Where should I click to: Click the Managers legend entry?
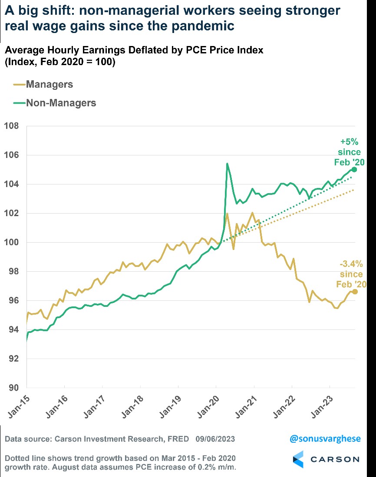pyautogui.click(x=49, y=84)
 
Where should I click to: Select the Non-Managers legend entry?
pyautogui.click(x=61, y=103)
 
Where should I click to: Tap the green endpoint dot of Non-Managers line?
pyautogui.click(x=354, y=169)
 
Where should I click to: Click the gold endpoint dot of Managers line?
pyautogui.click(x=355, y=292)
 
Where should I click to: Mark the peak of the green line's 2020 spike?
pyautogui.click(x=227, y=164)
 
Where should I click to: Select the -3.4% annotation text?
pyautogui.click(x=351, y=264)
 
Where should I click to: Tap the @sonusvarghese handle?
pyautogui.click(x=325, y=439)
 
